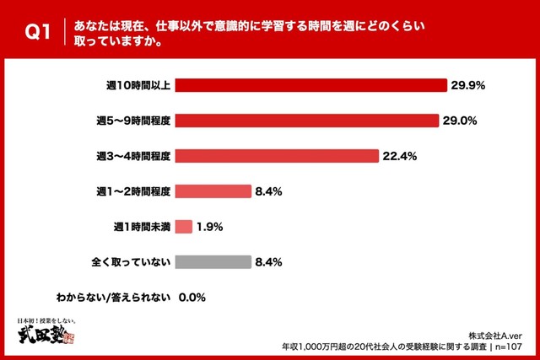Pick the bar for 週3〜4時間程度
click(x=277, y=156)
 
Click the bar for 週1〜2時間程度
click(x=213, y=191)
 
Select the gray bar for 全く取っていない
click(x=213, y=262)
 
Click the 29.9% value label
click(x=468, y=85)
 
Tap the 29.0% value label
click(x=462, y=121)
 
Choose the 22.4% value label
click(x=400, y=156)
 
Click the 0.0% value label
click(x=193, y=298)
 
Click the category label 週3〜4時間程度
click(x=134, y=156)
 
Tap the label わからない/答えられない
click(x=114, y=298)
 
